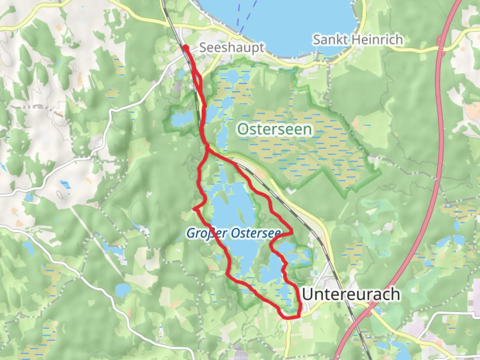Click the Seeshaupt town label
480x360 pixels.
231,48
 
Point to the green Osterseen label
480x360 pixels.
275,129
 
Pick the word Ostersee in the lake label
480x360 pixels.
255,233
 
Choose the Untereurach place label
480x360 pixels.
351,294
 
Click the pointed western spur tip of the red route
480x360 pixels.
194,209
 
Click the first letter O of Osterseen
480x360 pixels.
244,129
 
